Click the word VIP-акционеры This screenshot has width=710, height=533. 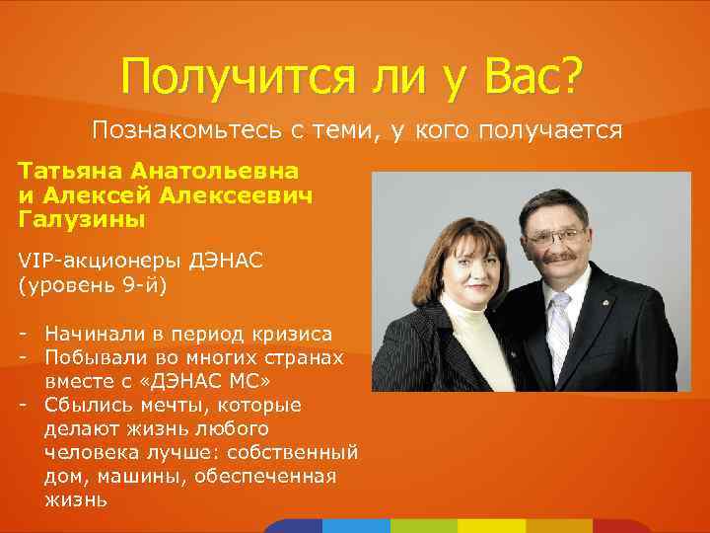pos(95,260)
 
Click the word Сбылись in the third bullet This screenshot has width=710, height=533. pos(91,405)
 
